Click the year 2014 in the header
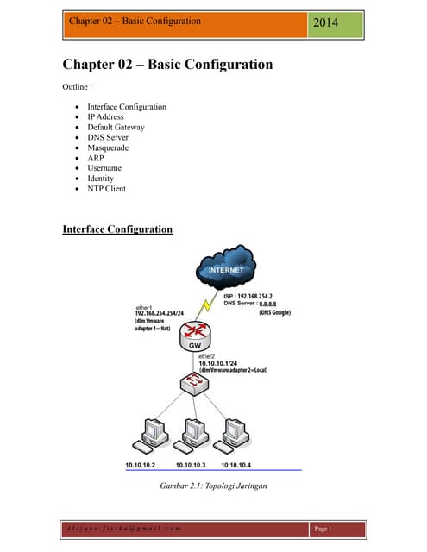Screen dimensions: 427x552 pos(325,22)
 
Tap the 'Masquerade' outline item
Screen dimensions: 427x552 pos(108,147)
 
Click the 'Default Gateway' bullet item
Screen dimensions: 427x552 pos(116,127)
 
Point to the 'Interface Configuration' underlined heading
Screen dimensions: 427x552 pos(117,229)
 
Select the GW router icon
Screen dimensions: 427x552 pos(198,334)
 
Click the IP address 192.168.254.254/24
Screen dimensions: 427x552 pos(166,314)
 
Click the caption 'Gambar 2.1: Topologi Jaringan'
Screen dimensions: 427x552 pos(213,486)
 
